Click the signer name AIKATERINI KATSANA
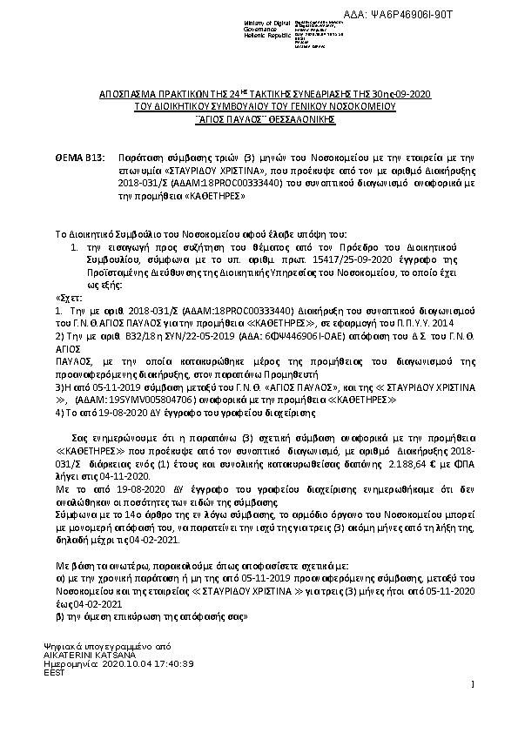pyautogui.click(x=93, y=654)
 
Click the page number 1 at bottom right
pyautogui.click(x=471, y=687)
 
